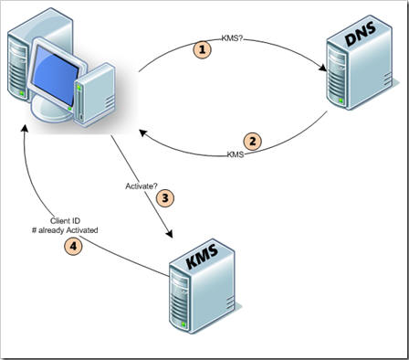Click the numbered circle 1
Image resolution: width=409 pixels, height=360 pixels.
(x=203, y=49)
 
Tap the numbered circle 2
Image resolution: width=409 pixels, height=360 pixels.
(x=253, y=142)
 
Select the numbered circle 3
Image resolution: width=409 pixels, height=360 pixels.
(x=165, y=198)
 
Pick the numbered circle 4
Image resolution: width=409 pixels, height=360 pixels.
(x=73, y=246)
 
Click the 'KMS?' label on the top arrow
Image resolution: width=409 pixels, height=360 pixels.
(x=233, y=38)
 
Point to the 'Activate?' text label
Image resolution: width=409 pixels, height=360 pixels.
(x=142, y=186)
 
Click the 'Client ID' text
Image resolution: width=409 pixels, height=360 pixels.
(x=65, y=221)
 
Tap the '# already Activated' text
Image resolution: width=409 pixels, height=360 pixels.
(x=65, y=230)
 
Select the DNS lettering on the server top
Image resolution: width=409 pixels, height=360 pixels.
(x=361, y=35)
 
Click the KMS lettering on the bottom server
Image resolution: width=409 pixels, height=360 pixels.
(x=203, y=256)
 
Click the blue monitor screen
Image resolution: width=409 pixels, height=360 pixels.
(x=55, y=75)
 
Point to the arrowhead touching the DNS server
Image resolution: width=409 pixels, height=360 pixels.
(x=322, y=68)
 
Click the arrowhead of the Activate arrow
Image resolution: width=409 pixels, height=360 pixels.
(x=169, y=234)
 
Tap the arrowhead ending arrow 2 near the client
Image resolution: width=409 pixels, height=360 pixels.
(x=143, y=132)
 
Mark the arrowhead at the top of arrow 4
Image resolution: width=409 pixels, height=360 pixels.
(x=25, y=128)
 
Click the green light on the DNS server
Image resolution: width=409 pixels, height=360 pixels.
(x=341, y=101)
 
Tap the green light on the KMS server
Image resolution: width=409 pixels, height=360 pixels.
(x=184, y=325)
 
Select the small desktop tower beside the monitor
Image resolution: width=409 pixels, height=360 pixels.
(x=94, y=94)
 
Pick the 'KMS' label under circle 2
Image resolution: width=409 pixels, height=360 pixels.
(x=236, y=154)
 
